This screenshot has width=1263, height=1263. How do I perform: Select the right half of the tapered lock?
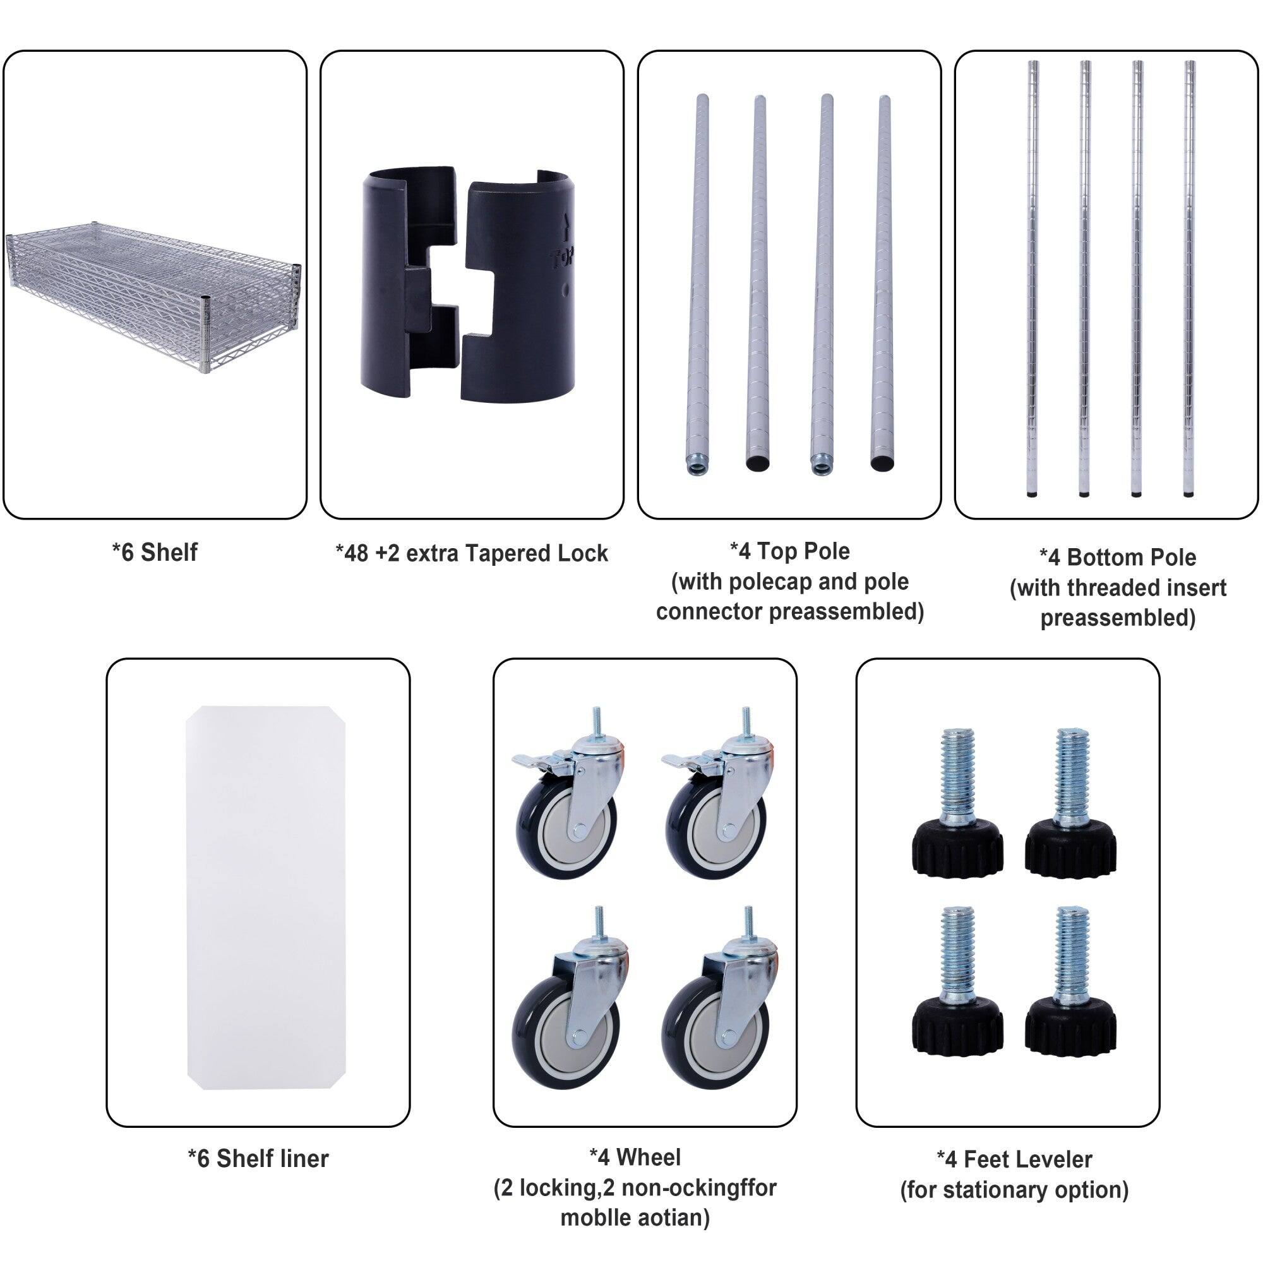tap(523, 287)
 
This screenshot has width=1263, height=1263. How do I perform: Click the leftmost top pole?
tap(700, 281)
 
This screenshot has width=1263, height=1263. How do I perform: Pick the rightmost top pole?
tap(883, 281)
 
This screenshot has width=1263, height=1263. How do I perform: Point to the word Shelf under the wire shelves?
tap(169, 553)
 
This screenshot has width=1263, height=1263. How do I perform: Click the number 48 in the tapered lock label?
tap(356, 554)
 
